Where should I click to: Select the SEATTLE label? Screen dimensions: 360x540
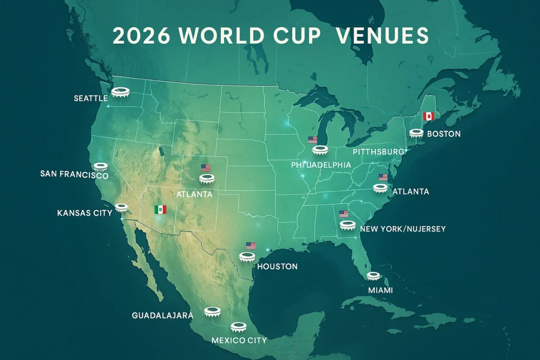click(x=91, y=98)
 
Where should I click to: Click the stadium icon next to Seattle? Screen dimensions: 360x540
click(x=121, y=93)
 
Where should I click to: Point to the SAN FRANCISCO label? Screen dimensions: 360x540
click(x=74, y=174)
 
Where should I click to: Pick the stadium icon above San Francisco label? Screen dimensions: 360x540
click(x=100, y=167)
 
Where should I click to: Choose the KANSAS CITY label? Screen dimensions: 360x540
click(x=84, y=213)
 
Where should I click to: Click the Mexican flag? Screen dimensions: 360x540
click(x=160, y=209)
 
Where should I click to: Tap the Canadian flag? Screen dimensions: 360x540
click(x=428, y=116)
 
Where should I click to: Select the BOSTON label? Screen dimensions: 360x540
click(x=443, y=134)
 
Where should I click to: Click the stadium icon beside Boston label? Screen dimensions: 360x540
click(x=417, y=134)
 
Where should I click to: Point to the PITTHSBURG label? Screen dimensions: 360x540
click(x=378, y=152)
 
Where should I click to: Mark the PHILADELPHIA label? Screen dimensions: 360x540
click(x=321, y=165)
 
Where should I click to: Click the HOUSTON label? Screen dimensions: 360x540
click(x=277, y=267)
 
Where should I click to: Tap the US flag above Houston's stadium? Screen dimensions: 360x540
click(x=251, y=246)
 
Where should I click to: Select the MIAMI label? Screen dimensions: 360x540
click(x=381, y=290)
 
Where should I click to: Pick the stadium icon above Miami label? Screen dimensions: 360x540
click(x=373, y=276)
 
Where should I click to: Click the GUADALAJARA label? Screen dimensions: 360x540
click(x=162, y=315)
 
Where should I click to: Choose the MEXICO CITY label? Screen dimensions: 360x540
click(x=239, y=340)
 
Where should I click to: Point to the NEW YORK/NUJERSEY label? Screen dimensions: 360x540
click(x=403, y=229)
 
